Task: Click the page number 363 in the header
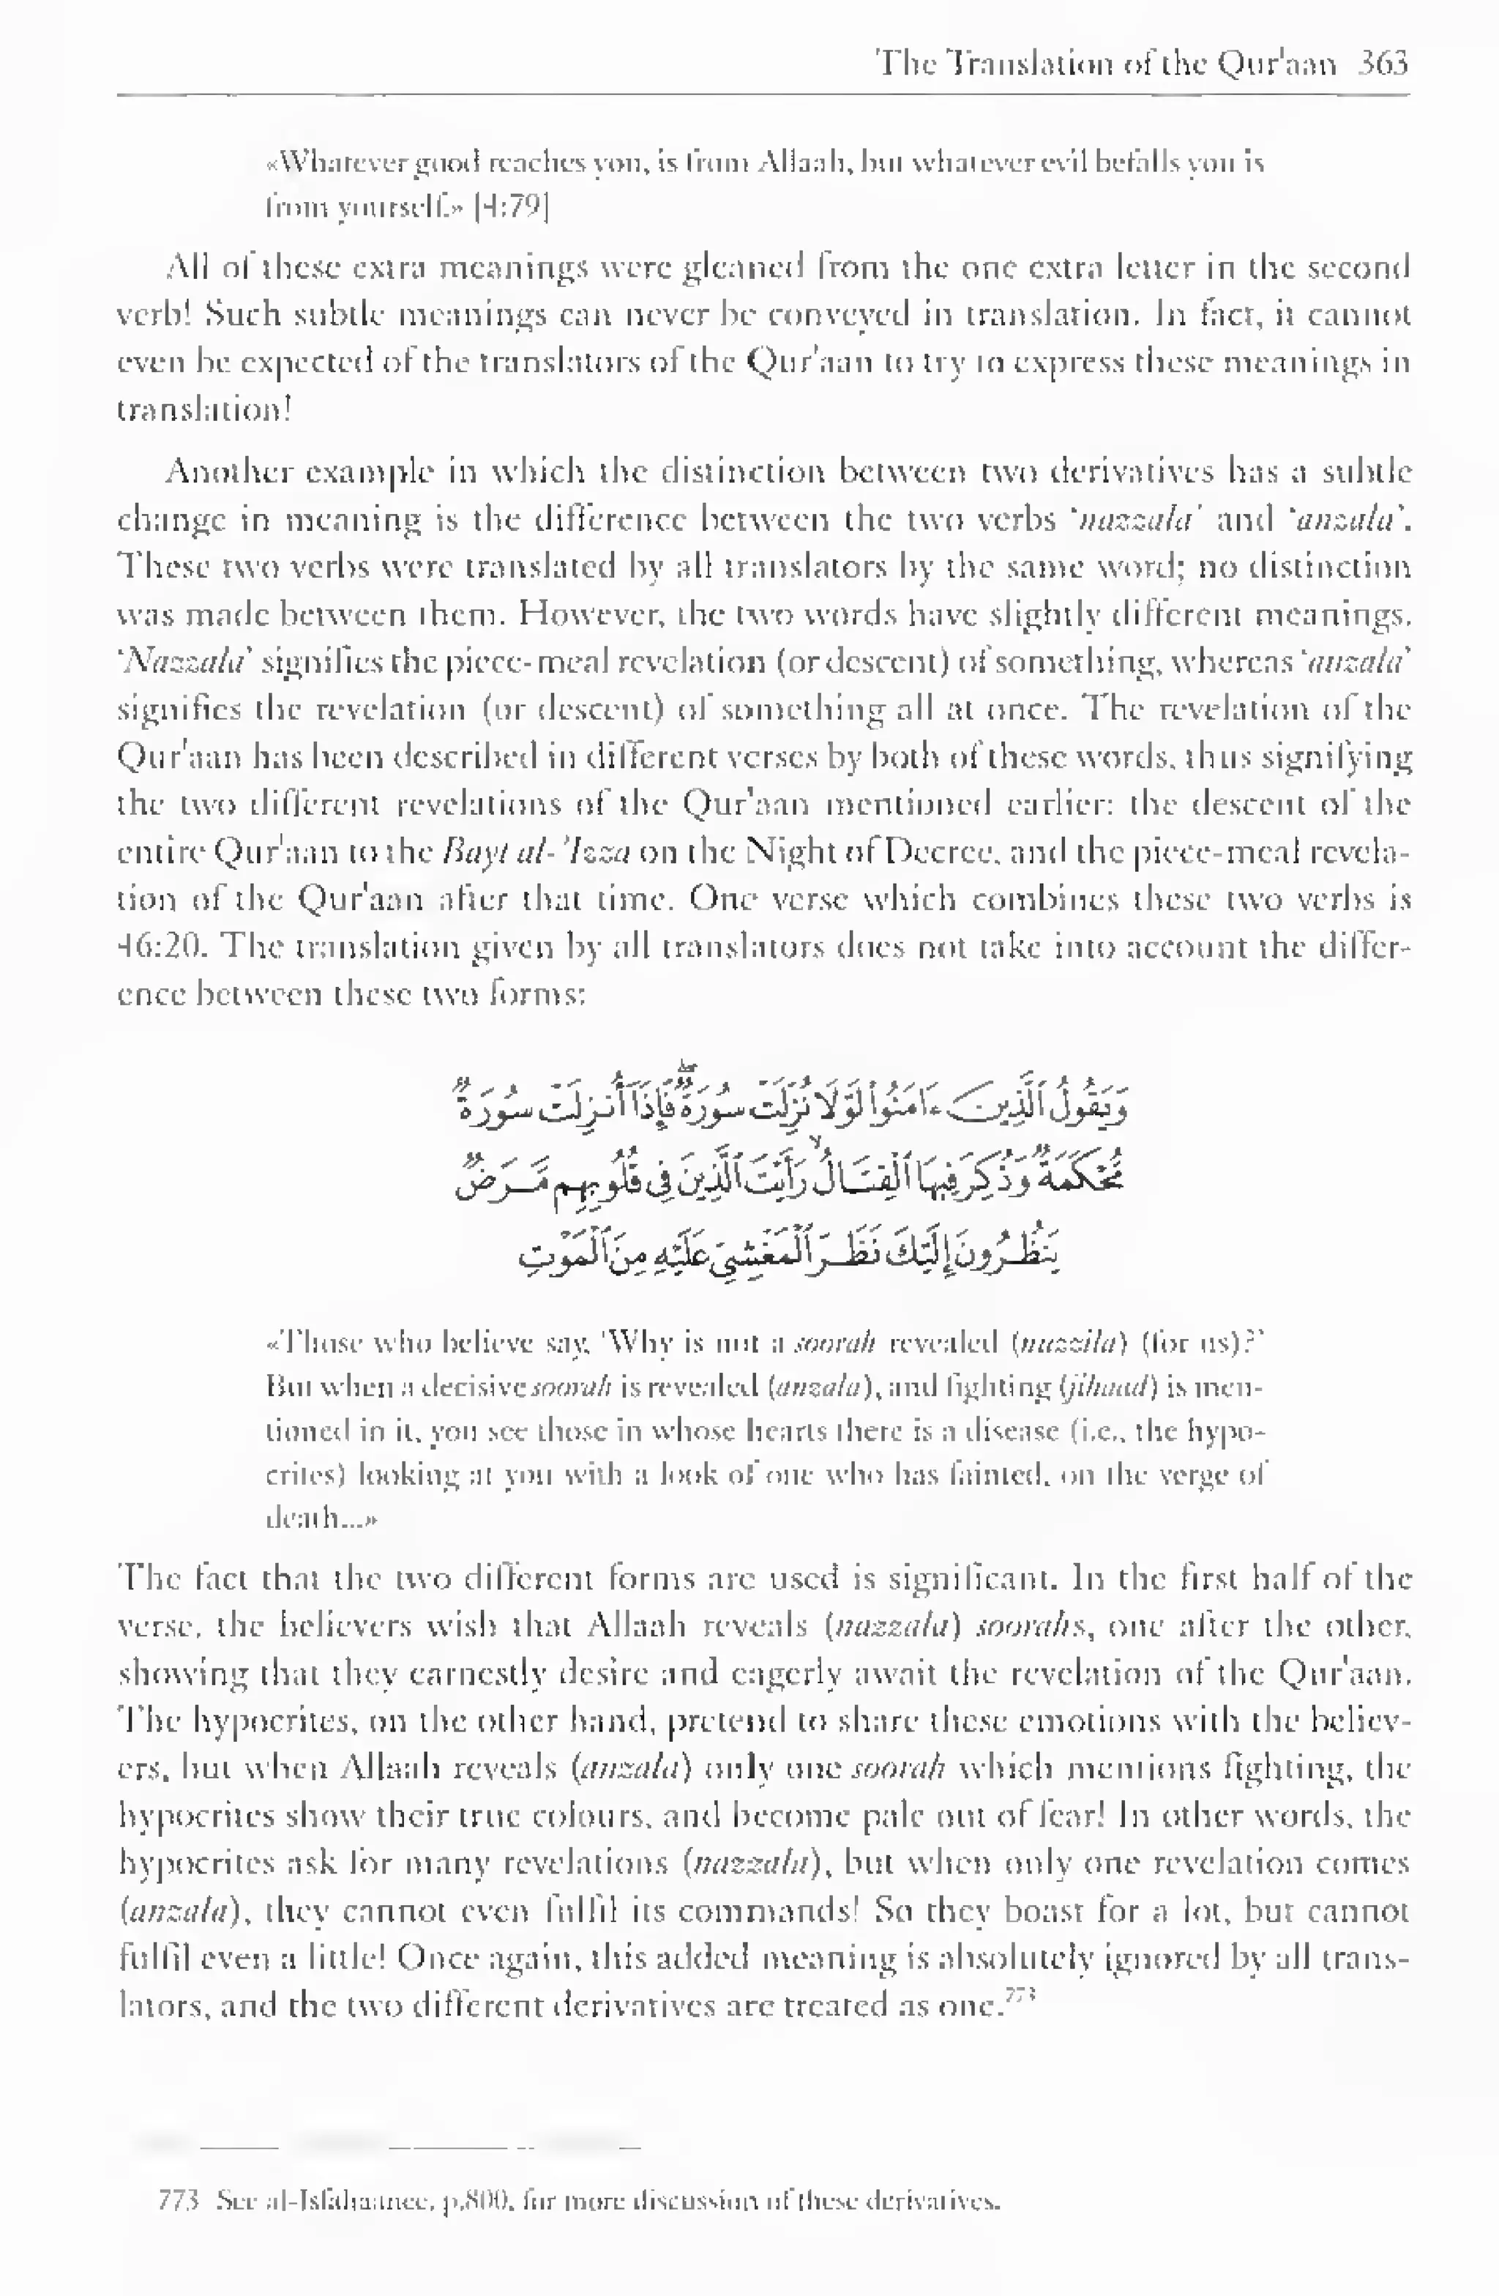[x=1383, y=64]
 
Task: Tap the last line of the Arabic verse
[x=791, y=1254]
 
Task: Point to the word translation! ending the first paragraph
[x=203, y=410]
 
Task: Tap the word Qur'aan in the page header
[x=1277, y=64]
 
